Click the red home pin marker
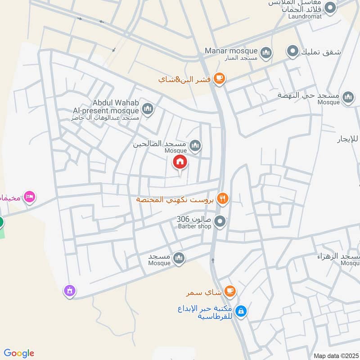(180, 162)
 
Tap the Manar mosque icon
(266, 53)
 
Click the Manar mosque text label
(231, 51)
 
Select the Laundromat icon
(331, 8)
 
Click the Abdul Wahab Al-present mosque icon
(148, 108)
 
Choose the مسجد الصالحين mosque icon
(195, 145)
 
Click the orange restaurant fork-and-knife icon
(221, 198)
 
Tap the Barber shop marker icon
(220, 221)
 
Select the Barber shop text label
(194, 226)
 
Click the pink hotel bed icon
(30, 197)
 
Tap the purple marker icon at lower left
(69, 291)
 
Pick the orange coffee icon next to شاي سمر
(230, 291)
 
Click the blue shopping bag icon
(241, 310)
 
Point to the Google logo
(19, 353)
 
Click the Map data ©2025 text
(335, 355)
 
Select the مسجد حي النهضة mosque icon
(348, 97)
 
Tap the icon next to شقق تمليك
(293, 52)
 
